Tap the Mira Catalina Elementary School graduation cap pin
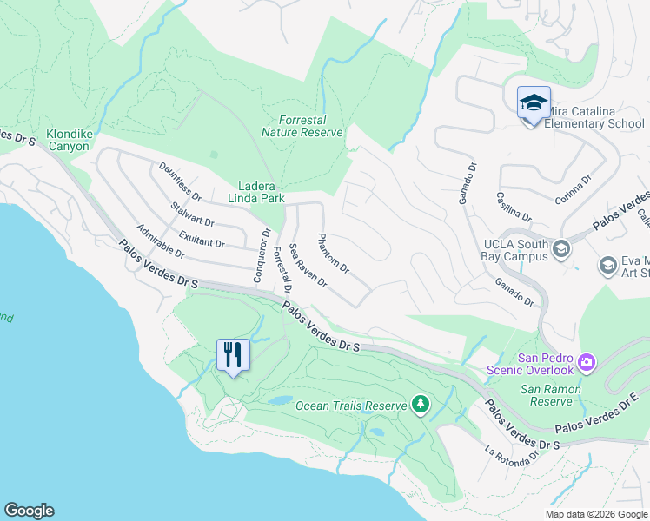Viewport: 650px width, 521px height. tap(533, 103)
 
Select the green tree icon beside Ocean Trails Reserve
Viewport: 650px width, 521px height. tap(421, 405)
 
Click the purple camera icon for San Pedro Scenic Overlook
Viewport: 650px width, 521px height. tap(587, 361)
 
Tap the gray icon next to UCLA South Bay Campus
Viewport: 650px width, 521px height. tap(560, 250)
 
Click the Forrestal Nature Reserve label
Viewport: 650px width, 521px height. tap(302, 126)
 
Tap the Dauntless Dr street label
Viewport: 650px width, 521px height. tap(180, 181)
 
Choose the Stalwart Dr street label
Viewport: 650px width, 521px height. tap(192, 214)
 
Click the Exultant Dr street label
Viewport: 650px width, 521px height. tap(202, 238)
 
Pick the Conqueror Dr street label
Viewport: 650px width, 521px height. tap(260, 253)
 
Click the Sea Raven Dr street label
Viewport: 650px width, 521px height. tap(307, 266)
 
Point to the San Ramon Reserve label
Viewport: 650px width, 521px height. tap(551, 395)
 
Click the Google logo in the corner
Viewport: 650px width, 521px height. tap(29, 511)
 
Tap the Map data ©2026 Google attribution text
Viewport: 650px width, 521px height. tap(595, 514)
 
